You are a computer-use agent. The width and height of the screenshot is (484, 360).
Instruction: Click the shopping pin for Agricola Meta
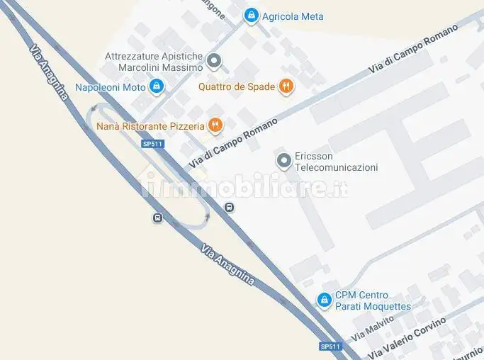[251, 15]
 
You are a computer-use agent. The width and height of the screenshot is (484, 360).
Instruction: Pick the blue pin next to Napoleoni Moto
[157, 87]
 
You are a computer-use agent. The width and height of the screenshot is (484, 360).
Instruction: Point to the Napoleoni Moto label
[110, 87]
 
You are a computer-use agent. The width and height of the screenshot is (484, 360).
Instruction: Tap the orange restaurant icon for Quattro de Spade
[286, 86]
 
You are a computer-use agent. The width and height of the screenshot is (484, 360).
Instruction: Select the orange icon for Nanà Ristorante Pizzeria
[215, 126]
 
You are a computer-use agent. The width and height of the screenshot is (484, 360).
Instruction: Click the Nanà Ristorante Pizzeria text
[150, 126]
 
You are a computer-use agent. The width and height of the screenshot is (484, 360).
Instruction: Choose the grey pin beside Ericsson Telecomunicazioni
[283, 162]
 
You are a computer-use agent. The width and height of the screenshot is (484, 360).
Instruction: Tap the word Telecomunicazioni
[336, 168]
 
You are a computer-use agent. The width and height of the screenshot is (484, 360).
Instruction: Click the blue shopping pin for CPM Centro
[325, 300]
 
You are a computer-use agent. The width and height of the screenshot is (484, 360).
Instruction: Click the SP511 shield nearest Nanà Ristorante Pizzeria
[152, 143]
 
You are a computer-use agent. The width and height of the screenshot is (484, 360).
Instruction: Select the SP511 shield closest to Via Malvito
[330, 347]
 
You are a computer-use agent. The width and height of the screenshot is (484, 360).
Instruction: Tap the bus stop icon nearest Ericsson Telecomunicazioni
[229, 207]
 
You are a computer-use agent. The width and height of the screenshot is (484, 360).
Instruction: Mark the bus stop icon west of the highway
[157, 218]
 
